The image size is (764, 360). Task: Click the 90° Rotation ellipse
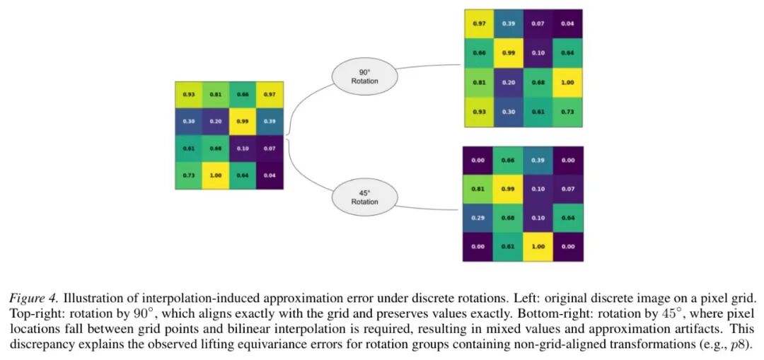364,77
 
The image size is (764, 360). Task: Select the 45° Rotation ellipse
364,197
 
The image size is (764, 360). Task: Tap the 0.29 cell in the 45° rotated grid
477,218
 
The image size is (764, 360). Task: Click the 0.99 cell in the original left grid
243,121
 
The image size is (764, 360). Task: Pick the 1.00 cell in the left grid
215,175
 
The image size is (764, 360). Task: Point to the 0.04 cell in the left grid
270,175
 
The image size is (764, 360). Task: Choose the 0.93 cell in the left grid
189,95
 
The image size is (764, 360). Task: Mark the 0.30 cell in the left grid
189,121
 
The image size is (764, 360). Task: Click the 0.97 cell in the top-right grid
479,24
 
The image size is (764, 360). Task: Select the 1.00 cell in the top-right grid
567,83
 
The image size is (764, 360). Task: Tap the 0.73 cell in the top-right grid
567,112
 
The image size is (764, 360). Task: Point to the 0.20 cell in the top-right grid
509,83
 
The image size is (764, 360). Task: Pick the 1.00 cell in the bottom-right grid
538,247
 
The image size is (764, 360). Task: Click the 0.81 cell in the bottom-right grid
477,189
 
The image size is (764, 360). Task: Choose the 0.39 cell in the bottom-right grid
538,161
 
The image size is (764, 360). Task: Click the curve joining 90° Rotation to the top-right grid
429,66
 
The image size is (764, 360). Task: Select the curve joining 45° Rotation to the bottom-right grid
429,208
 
